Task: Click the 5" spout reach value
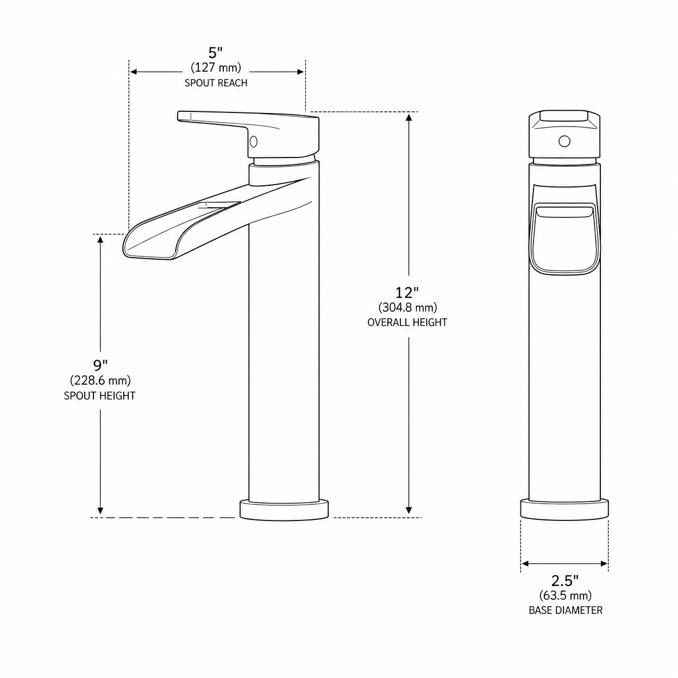[x=215, y=53]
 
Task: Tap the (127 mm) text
[x=216, y=67]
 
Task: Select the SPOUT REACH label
[x=216, y=83]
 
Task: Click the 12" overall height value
[x=407, y=292]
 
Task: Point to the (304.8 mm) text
[x=408, y=307]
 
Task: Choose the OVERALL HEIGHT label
[x=407, y=322]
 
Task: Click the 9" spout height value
[x=101, y=365]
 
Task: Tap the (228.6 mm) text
[x=101, y=380]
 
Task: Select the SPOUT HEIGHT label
[x=99, y=396]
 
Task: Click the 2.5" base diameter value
[x=564, y=580]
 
